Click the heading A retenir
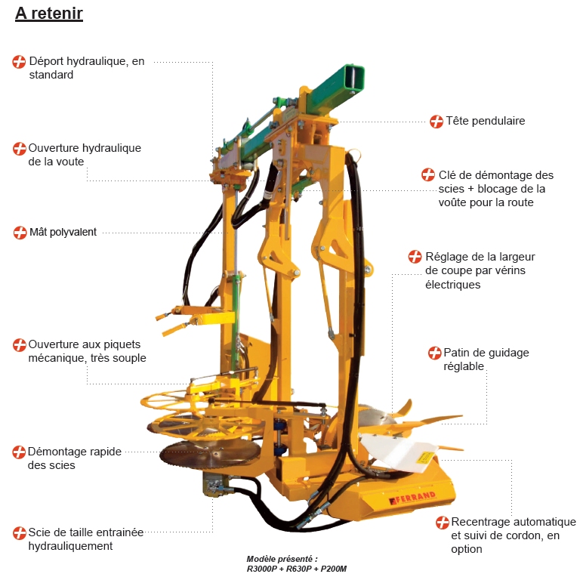(x=49, y=14)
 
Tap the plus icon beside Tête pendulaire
(x=436, y=122)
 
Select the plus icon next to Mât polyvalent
(x=20, y=233)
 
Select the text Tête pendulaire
(x=485, y=121)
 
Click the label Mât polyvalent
(x=63, y=233)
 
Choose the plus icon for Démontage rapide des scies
(x=20, y=452)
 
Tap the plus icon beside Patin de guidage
(x=434, y=353)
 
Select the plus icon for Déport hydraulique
(x=20, y=62)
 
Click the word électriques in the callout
(x=453, y=285)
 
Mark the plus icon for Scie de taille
(x=20, y=533)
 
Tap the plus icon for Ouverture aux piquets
(x=20, y=345)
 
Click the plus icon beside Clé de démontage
(x=428, y=175)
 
